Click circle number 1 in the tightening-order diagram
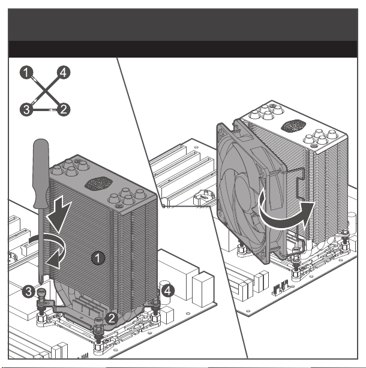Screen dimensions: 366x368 click(26, 72)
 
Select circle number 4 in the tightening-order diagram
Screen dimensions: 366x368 click(64, 72)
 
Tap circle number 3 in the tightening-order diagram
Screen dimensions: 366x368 click(26, 109)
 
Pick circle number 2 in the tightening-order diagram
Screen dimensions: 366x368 click(64, 109)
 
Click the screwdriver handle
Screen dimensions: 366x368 click(41, 173)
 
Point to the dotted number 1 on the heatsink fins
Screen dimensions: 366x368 click(98, 258)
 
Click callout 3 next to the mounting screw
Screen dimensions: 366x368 click(29, 292)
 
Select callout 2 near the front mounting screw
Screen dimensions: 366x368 click(111, 319)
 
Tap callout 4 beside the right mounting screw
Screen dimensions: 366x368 click(167, 291)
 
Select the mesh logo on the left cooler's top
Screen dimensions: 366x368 click(98, 184)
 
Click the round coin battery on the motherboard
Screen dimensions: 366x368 click(203, 197)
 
